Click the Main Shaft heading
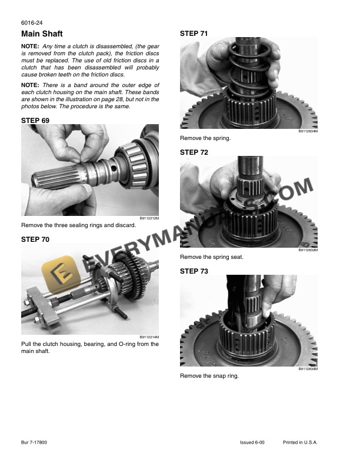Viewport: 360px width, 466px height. (42, 34)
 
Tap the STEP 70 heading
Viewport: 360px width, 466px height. (35, 239)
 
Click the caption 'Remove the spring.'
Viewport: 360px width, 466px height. (205, 138)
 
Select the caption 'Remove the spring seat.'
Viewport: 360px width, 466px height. (211, 257)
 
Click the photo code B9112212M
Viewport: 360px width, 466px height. (149, 219)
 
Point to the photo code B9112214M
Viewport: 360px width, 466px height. (149, 337)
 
